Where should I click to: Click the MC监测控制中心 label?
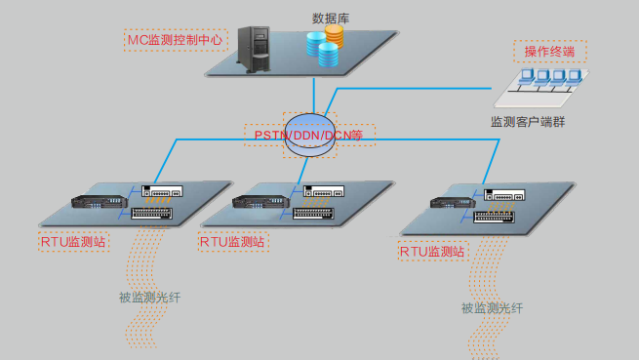[177, 41]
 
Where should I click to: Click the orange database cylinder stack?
[335, 36]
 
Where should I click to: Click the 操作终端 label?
[549, 52]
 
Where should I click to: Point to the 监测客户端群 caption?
[527, 122]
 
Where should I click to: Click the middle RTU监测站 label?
[232, 241]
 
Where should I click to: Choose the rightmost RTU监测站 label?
[432, 252]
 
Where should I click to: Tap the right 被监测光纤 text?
[492, 308]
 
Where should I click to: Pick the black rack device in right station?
[452, 203]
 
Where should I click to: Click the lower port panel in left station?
[150, 213]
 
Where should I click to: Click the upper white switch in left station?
[158, 192]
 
